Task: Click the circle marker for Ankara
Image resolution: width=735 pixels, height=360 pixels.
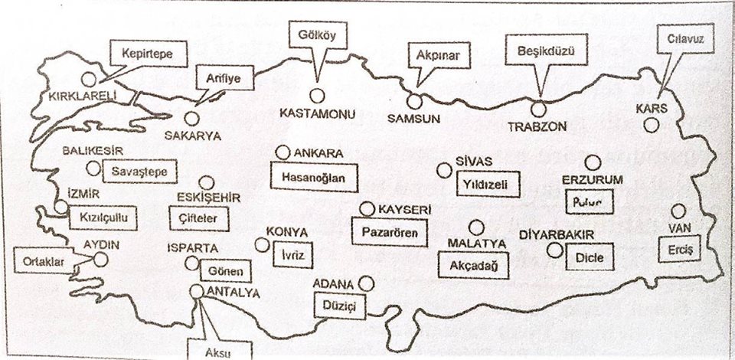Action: pyautogui.click(x=283, y=152)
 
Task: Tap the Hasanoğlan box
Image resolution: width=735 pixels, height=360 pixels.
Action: pyautogui.click(x=315, y=177)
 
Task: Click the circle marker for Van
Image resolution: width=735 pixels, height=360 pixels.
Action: pyautogui.click(x=678, y=211)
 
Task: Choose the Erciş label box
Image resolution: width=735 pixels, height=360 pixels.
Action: pyautogui.click(x=678, y=250)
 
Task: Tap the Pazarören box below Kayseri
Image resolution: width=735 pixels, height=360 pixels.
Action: pyautogui.click(x=387, y=231)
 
